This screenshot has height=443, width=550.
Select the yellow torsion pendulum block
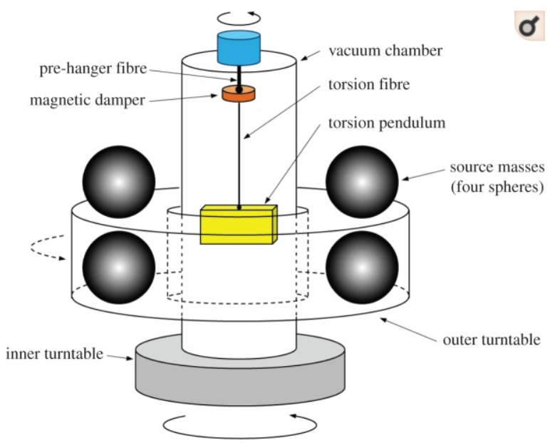click(x=239, y=225)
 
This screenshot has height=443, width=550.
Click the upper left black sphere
click(x=119, y=181)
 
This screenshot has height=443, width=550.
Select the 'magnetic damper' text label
click(x=86, y=100)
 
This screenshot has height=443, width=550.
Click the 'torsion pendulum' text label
click(x=385, y=123)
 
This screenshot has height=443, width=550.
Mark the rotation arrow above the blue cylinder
click(x=239, y=16)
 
